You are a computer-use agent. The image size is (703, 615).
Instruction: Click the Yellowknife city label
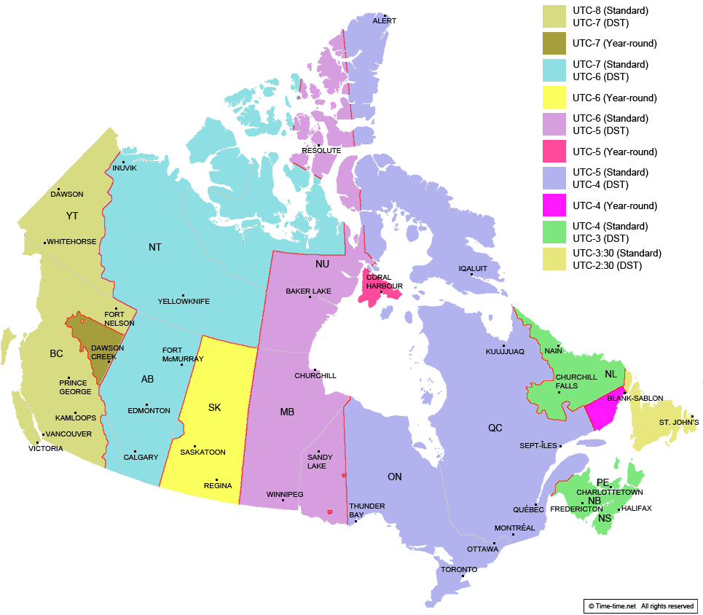(x=184, y=301)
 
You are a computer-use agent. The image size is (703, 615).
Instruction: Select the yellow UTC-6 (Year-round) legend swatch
(x=555, y=98)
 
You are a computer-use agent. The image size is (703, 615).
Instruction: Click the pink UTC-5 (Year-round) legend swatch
(x=555, y=152)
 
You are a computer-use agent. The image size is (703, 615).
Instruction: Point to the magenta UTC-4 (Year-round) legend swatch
(x=555, y=205)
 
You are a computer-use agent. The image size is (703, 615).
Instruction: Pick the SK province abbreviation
(x=214, y=407)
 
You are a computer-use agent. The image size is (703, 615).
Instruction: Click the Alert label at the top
(x=385, y=21)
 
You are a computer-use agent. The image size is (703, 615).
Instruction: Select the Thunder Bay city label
(x=366, y=510)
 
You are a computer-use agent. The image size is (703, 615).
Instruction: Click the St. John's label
(x=679, y=423)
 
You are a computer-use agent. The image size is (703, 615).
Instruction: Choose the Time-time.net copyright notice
(x=641, y=606)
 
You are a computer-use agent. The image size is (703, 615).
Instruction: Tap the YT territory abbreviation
(x=72, y=216)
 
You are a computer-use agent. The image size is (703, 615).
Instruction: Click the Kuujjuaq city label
(x=505, y=352)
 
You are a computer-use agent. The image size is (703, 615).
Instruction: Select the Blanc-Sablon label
(x=635, y=398)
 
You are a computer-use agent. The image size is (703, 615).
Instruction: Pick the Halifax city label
(x=637, y=508)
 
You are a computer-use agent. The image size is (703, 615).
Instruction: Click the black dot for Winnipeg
(x=283, y=500)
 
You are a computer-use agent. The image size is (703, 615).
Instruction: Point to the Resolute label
(x=321, y=150)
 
